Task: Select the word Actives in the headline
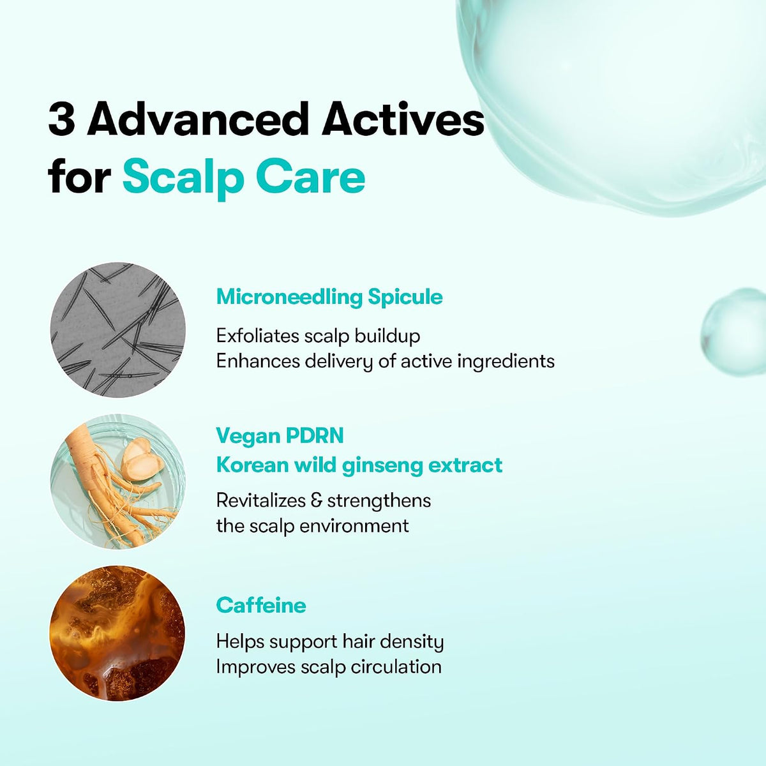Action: click(403, 119)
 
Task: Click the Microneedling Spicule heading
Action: click(329, 297)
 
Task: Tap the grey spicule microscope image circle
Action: click(118, 329)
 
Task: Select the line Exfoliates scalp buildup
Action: click(318, 336)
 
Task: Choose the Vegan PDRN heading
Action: click(280, 436)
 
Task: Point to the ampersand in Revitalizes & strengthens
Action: click(317, 500)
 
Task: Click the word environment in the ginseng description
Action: click(354, 526)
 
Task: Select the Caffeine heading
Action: click(261, 606)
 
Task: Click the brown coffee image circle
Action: click(117, 633)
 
